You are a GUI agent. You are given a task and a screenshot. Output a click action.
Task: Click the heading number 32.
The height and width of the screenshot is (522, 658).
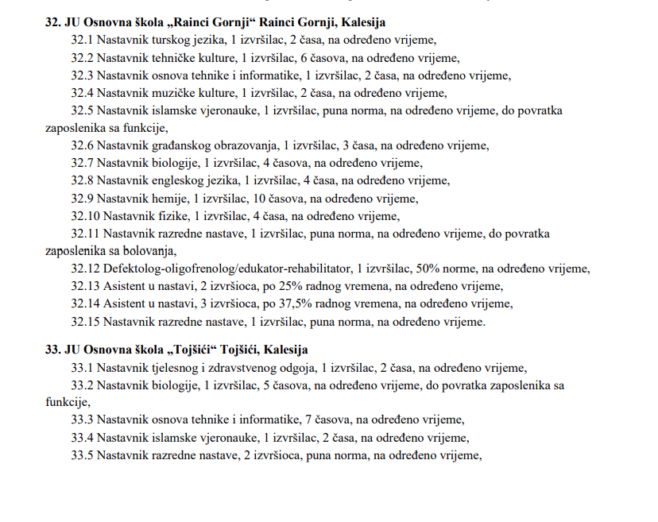52,22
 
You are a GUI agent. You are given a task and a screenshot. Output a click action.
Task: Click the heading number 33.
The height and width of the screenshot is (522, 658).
52,350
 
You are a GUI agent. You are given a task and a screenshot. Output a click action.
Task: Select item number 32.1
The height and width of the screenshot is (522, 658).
83,40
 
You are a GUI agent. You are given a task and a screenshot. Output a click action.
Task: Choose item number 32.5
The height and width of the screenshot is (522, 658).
83,110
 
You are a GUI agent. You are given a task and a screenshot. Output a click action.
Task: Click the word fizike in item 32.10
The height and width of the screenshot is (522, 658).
170,216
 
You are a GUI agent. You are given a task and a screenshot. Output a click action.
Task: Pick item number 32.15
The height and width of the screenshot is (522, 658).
85,321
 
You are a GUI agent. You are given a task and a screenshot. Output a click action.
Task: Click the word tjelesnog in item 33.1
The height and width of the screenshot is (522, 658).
177,368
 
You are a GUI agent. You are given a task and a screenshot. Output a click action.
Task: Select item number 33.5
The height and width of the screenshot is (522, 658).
83,455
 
